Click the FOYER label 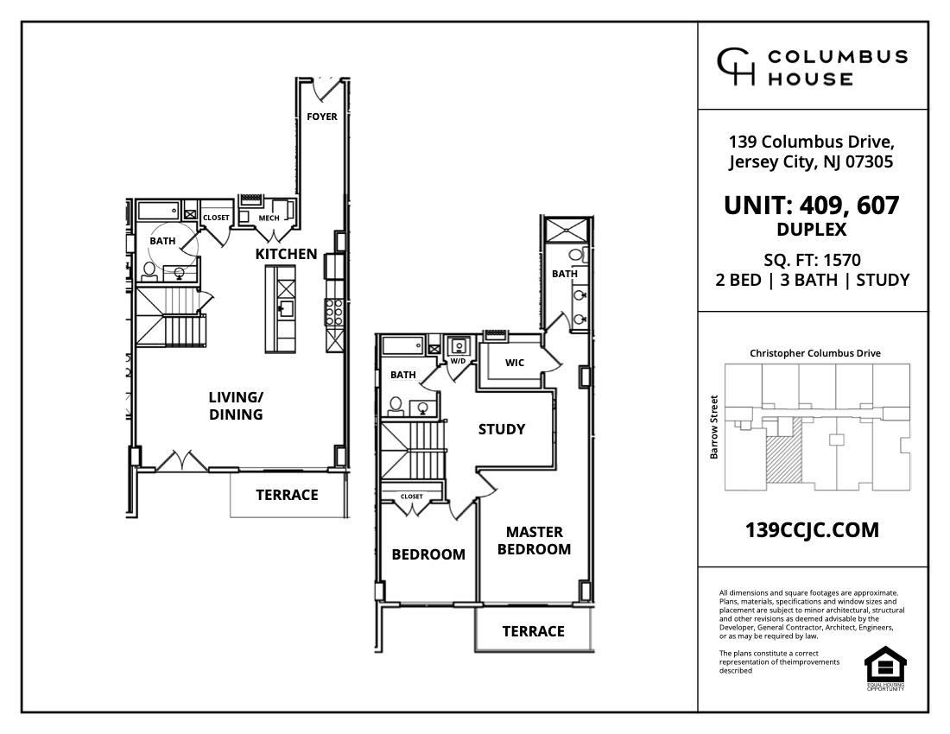(322, 117)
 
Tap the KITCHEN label (286, 254)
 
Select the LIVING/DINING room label (235, 406)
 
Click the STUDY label (502, 429)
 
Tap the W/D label (458, 361)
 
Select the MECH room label (269, 218)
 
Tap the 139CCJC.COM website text (812, 530)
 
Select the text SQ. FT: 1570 (812, 260)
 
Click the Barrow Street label (714, 427)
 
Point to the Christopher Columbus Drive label (814, 353)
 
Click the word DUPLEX (812, 230)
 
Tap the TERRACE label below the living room (287, 495)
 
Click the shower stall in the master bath (567, 231)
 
